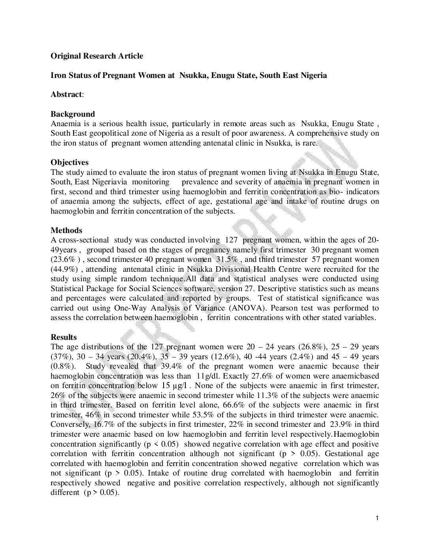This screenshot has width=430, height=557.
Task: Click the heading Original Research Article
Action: [x=97, y=56]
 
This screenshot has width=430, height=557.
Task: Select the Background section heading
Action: [x=73, y=114]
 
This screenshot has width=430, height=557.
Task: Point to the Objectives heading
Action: [x=70, y=162]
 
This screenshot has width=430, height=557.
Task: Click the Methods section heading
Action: [x=66, y=230]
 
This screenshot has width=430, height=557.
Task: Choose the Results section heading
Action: [x=64, y=337]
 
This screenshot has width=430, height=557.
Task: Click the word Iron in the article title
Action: [x=58, y=75]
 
